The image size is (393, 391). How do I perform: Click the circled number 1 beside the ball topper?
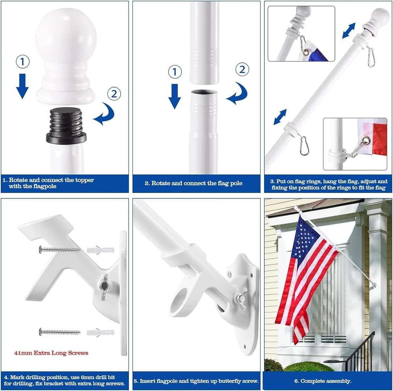[x=22, y=61]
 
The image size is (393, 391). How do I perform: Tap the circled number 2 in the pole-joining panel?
[x=242, y=69]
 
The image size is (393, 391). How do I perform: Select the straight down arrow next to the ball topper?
[x=22, y=86]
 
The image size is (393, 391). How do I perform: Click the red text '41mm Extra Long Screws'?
[x=51, y=353]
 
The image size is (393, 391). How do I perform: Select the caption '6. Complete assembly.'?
[x=323, y=381]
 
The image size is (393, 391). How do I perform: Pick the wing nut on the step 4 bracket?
[x=103, y=286]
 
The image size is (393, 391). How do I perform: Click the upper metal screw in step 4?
[x=60, y=249]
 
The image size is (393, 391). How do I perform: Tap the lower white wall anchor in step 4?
[x=100, y=332]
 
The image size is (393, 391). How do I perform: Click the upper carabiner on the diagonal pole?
[x=371, y=58]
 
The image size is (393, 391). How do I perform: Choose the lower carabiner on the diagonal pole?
[x=305, y=146]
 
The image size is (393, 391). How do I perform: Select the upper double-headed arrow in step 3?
[x=349, y=31]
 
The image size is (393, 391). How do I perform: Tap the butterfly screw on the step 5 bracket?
[x=241, y=297]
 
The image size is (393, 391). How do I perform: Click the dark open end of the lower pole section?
[x=204, y=92]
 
